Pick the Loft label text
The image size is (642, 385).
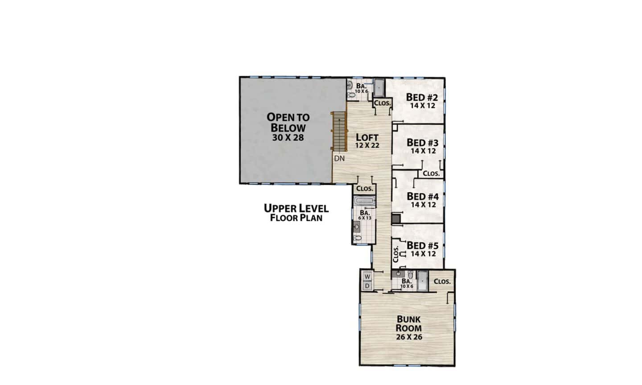367,138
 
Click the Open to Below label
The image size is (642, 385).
288,122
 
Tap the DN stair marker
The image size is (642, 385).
339,159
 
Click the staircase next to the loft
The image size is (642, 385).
340,131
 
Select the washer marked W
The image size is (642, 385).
367,276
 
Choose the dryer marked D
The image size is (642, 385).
367,286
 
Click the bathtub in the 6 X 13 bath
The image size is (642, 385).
364,201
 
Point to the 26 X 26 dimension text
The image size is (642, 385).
409,337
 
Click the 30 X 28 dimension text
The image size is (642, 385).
288,138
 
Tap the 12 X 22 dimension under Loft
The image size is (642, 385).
367,146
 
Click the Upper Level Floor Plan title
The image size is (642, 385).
296,213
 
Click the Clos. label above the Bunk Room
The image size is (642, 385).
442,281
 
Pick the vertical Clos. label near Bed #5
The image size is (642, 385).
395,254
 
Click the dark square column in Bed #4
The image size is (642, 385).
396,218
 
